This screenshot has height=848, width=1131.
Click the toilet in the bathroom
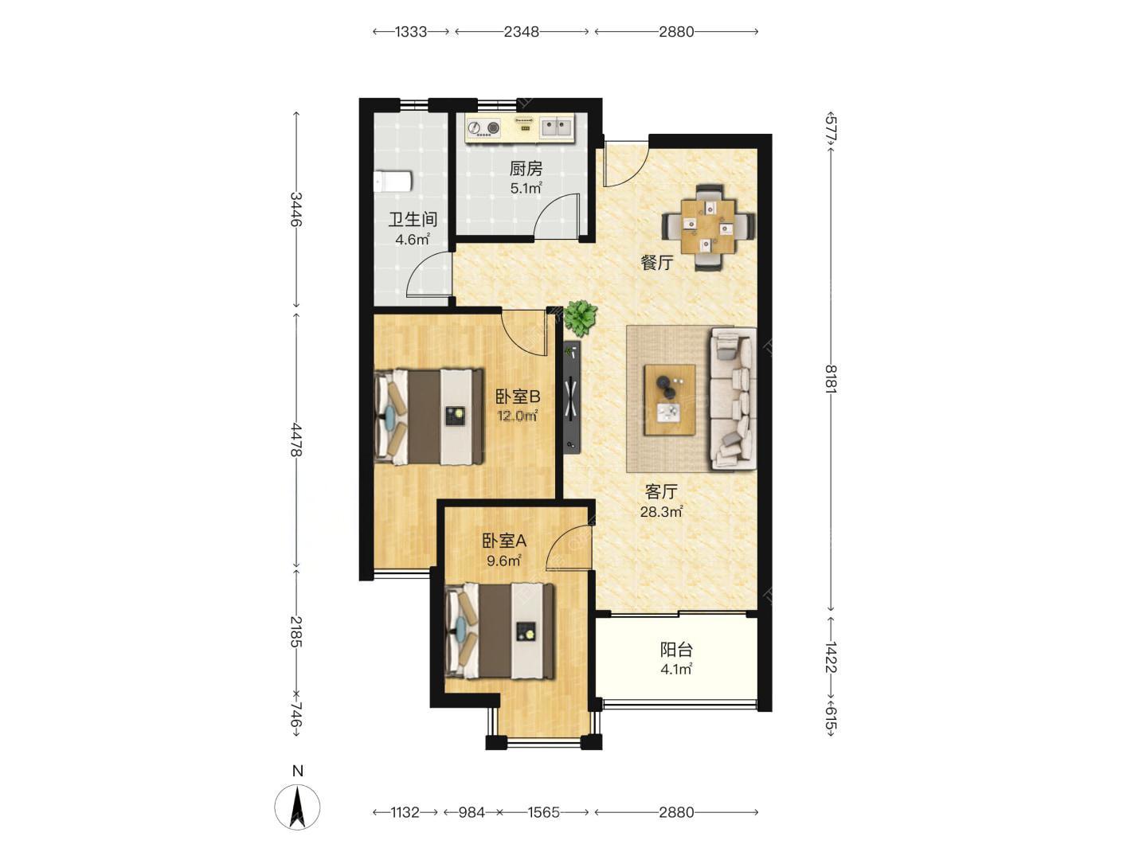click(x=392, y=182)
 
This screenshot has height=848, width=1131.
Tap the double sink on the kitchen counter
click(x=556, y=127)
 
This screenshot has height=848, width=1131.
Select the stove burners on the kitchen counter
click(x=483, y=127)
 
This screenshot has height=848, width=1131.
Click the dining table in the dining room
click(x=708, y=227)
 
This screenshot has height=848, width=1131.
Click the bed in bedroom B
click(x=429, y=416)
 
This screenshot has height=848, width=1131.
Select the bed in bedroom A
click(x=499, y=630)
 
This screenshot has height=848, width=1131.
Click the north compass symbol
click(x=297, y=807)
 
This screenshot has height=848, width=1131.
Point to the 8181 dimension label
click(x=831, y=379)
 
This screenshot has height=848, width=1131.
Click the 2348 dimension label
click(x=522, y=32)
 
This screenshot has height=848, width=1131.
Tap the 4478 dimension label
click(x=295, y=440)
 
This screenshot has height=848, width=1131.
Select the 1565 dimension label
click(x=544, y=812)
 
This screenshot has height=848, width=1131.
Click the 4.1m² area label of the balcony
click(x=676, y=670)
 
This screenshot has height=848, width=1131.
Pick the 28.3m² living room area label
click(x=662, y=511)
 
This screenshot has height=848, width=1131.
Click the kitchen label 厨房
click(x=526, y=168)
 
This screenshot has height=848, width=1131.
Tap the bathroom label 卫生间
click(x=413, y=220)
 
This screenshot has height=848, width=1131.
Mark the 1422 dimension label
click(x=831, y=657)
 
